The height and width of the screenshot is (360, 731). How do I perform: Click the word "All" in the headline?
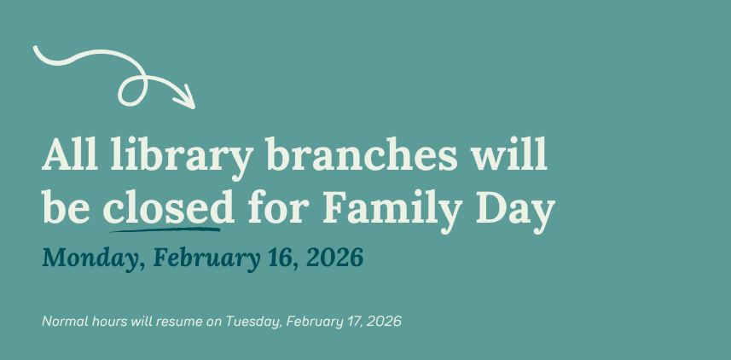pos(70,157)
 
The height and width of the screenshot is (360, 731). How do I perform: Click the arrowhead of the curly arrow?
pos(187,99)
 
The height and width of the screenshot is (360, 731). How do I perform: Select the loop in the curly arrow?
pos(135,88)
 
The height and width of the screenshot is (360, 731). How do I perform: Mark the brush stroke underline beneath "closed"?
pos(162,228)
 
